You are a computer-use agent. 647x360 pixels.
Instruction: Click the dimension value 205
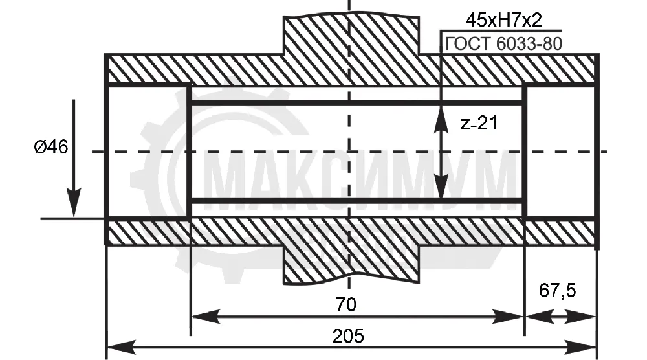pyautogui.click(x=348, y=336)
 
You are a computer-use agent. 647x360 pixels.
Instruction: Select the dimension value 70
pyautogui.click(x=345, y=305)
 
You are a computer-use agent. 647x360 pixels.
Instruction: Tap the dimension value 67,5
pyautogui.click(x=557, y=291)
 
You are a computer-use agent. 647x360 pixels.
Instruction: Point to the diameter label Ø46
pyautogui.click(x=51, y=146)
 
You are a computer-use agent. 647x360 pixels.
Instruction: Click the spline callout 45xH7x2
pyautogui.click(x=503, y=20)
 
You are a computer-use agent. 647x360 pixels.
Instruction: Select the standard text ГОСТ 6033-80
pyautogui.click(x=503, y=44)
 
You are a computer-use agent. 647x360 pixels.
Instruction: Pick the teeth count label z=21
pyautogui.click(x=479, y=123)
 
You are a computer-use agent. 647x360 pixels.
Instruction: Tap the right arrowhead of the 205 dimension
pyautogui.click(x=582, y=347)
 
